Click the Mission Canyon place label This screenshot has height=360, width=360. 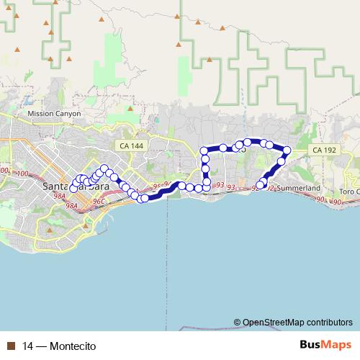(54, 114)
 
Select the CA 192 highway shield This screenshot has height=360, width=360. (320, 149)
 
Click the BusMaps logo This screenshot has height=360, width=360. (325, 345)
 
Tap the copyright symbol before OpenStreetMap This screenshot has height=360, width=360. (238, 322)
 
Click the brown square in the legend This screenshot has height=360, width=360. (11, 346)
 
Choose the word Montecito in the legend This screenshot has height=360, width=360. (73, 346)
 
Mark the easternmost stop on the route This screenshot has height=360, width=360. (287, 151)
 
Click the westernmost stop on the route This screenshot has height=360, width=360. (73, 189)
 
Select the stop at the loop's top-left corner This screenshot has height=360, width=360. (205, 150)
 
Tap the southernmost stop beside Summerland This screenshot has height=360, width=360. (261, 185)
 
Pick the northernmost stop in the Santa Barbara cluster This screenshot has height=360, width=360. (105, 168)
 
